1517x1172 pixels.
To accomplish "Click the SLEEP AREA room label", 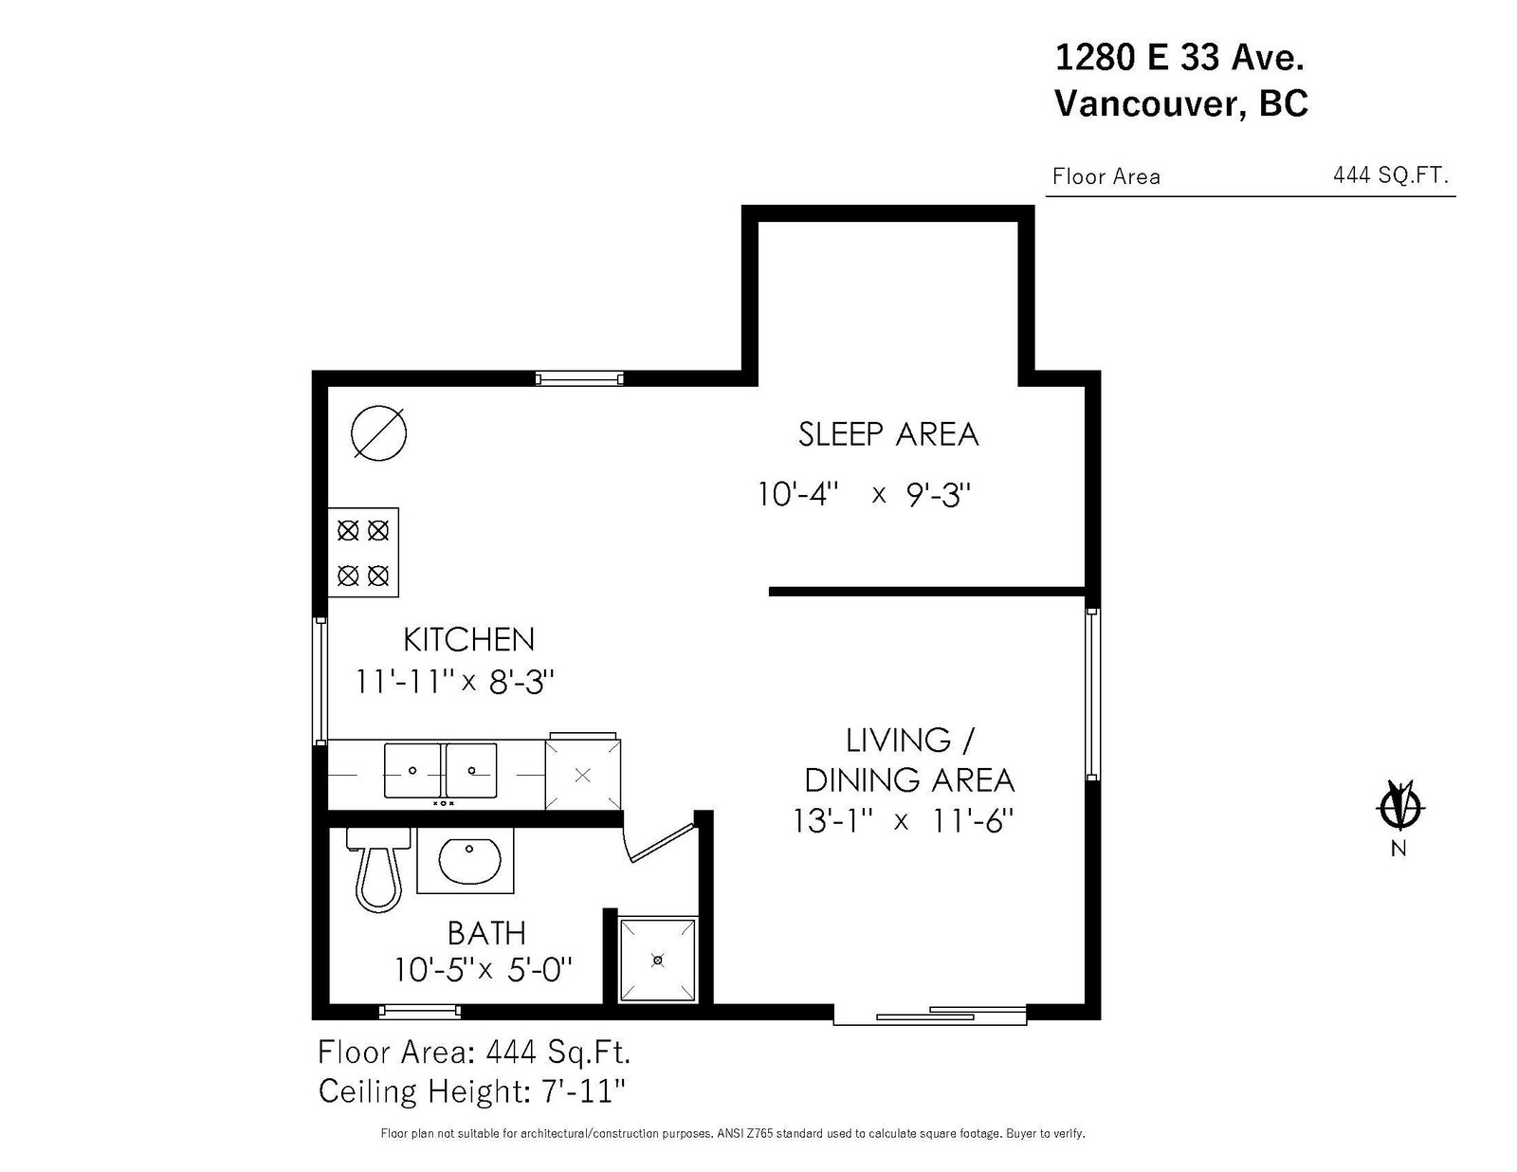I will pos(887,434).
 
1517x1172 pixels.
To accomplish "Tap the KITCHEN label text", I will pos(468,640).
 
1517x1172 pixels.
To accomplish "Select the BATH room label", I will pos(485,933).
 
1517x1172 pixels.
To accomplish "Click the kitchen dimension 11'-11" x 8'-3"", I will pos(454,682).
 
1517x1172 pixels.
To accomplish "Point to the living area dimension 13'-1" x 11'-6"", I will pos(904,820).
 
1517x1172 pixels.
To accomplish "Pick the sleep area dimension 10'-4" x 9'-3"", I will pos(866,494).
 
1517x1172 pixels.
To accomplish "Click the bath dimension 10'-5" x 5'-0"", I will pos(484,970).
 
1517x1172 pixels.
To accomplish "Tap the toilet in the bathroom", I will pos(379,869).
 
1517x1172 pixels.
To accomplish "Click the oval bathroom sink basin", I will pos(469,860).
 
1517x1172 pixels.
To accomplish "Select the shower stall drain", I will pos(658,960).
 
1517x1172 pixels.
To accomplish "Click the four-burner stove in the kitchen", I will pos(363,553).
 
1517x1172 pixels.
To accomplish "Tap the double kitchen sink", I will pos(441,770).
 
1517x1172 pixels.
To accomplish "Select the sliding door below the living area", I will pos(929,1016).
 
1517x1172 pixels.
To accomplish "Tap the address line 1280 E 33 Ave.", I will pos(1179,58).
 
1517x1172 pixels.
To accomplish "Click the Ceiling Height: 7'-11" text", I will pos(472,1091).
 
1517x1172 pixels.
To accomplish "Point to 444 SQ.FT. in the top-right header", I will pos(1391,175).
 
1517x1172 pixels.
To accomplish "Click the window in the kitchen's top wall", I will pos(579,378).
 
